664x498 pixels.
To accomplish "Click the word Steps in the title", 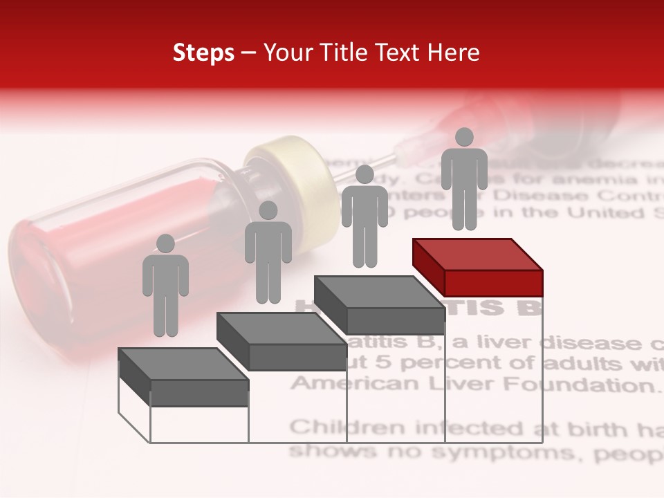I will tap(203, 53).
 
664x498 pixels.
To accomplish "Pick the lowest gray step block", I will tap(183, 377).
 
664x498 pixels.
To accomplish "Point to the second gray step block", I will tap(282, 341).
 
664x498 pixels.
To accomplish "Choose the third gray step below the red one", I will tap(380, 305).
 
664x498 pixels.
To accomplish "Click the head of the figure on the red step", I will tap(464, 137).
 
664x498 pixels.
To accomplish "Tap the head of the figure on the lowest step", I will tap(165, 243).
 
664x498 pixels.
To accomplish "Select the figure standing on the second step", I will tap(268, 252).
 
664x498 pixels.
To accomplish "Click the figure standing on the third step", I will tap(365, 216).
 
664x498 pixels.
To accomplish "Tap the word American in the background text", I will tap(340, 382).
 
